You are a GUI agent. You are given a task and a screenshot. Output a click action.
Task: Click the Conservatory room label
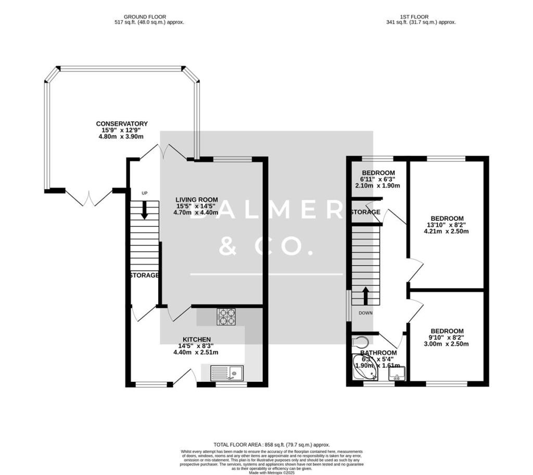coord(122,124)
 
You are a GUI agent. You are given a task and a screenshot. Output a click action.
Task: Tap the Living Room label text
coord(196,199)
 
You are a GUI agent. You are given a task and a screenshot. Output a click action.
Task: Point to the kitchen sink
coord(227,373)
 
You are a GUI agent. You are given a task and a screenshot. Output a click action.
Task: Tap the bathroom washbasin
coord(398,374)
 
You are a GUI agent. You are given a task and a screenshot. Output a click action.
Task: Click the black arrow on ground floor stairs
coord(144,210)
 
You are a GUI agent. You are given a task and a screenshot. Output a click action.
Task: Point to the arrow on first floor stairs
coord(365,295)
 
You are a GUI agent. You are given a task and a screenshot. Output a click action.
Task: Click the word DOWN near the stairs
coord(365,313)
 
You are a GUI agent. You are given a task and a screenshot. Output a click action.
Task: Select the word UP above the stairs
coord(145,193)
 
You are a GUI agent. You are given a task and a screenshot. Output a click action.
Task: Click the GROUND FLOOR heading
coord(149,17)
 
